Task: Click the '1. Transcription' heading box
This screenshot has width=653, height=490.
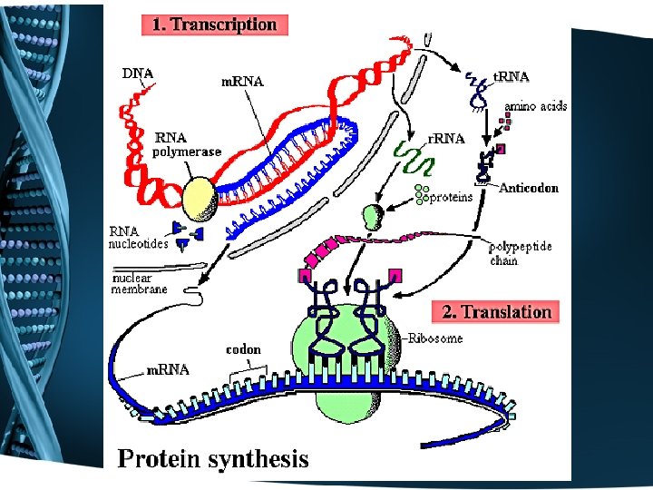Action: (x=214, y=24)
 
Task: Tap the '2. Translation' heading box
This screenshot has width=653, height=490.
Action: (x=496, y=312)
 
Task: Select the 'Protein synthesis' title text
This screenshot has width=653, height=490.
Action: (x=213, y=459)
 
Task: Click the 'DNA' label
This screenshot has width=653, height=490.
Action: (x=138, y=73)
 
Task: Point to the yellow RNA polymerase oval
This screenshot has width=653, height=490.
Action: (x=200, y=197)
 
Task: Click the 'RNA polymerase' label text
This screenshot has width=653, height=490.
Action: (x=186, y=145)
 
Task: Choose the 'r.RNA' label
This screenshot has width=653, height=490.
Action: (x=446, y=139)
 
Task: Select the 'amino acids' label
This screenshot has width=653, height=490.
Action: (x=536, y=106)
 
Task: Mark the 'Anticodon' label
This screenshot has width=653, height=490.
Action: (x=529, y=189)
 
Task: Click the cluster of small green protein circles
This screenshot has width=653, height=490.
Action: (x=420, y=192)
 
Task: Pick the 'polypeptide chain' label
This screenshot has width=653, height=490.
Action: (x=520, y=253)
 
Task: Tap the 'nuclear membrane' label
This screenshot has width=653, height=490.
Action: (x=139, y=283)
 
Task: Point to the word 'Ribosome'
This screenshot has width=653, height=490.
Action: (x=434, y=338)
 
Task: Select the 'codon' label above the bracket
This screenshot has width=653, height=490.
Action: (x=243, y=349)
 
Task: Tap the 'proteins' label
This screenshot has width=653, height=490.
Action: (x=451, y=197)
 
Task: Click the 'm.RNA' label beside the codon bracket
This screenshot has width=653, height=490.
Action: (x=169, y=369)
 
